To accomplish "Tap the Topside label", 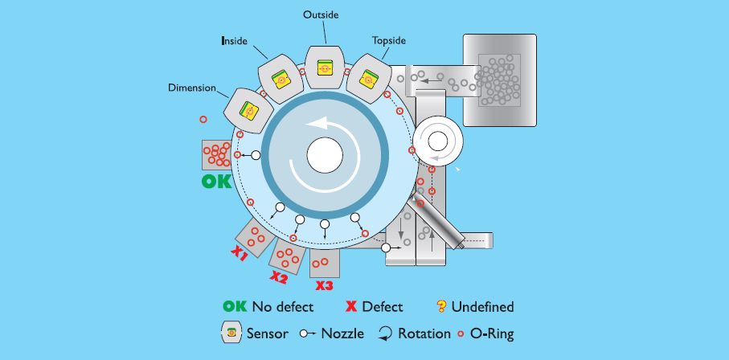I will coord(389,39).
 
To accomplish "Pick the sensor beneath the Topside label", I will coord(369,78).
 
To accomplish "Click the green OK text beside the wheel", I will coord(215,182).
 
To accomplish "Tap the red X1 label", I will coord(240,254).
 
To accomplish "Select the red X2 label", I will coord(278,277).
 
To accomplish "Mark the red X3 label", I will coord(324,285).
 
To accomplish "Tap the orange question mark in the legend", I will coord(440,306).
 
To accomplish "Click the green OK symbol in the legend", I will coord(235,306).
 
